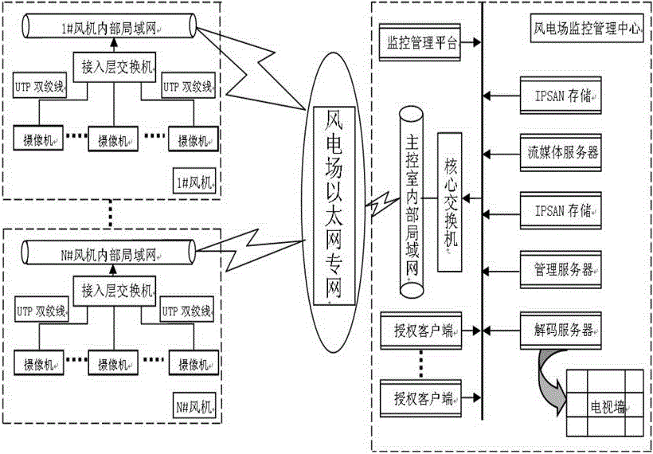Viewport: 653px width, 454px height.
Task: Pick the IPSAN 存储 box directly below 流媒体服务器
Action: tap(561, 211)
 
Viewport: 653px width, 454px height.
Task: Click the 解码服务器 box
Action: tap(561, 327)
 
